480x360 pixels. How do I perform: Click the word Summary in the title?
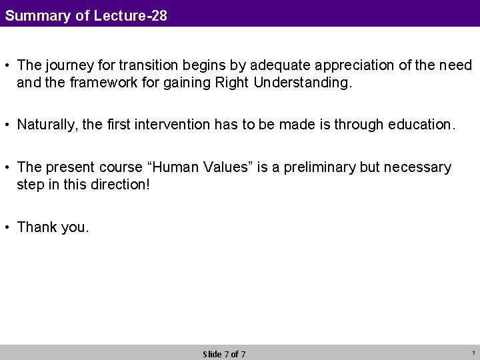point(37,15)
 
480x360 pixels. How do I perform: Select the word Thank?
point(37,227)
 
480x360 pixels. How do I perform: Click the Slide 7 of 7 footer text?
point(224,354)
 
